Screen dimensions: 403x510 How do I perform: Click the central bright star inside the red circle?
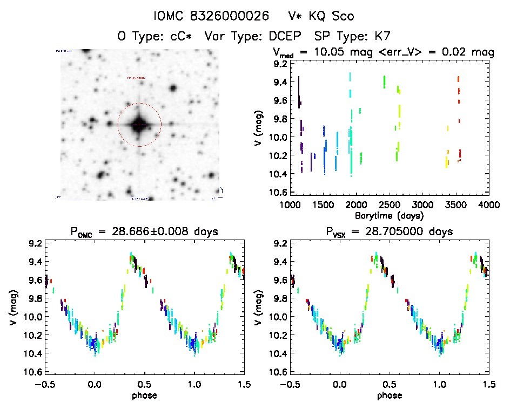pos(139,125)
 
